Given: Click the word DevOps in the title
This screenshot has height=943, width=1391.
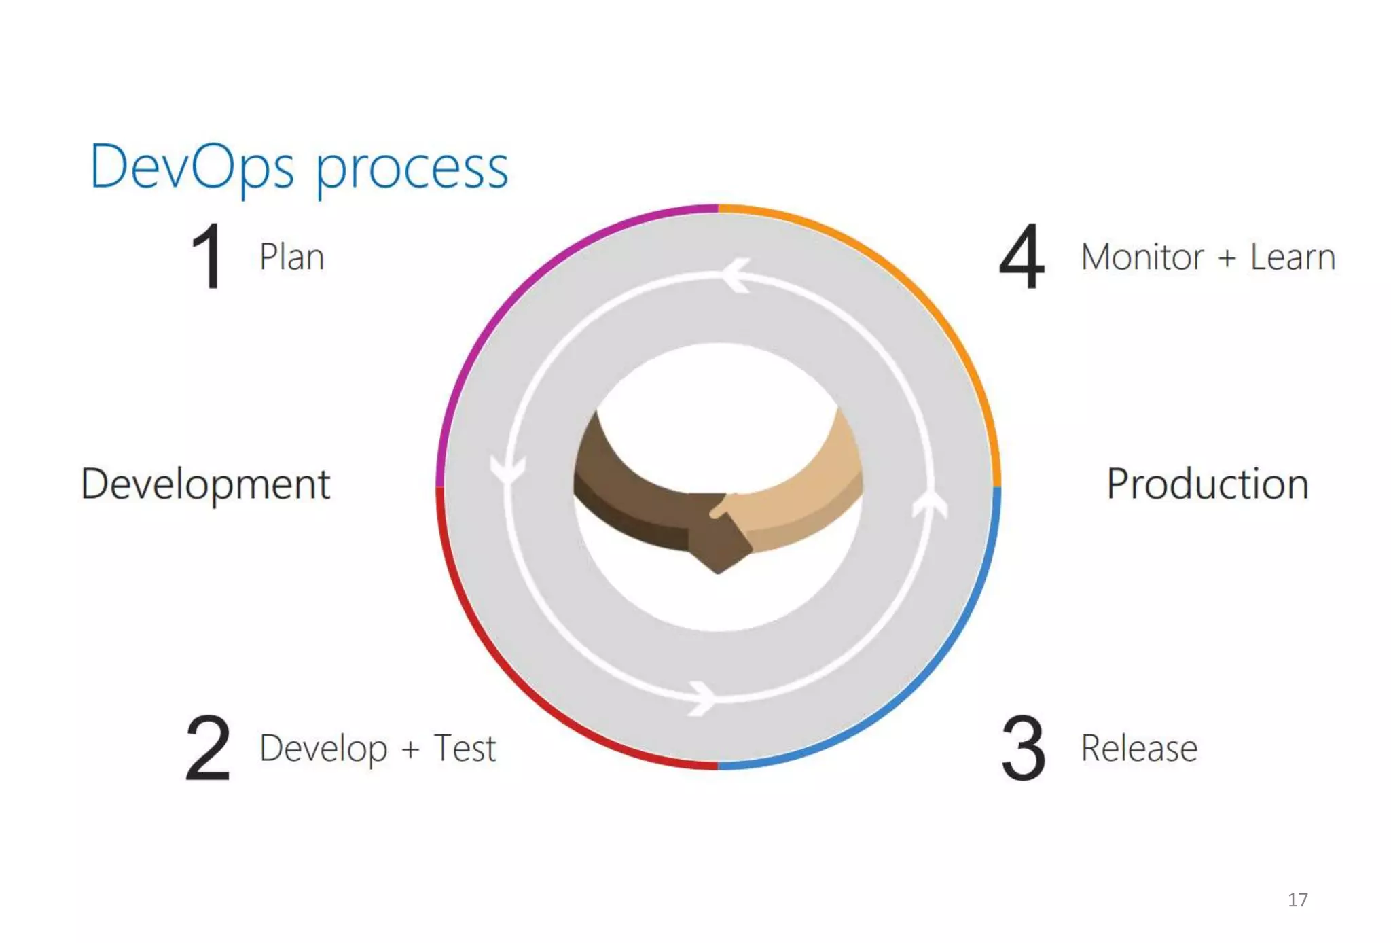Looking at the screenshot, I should coord(192,167).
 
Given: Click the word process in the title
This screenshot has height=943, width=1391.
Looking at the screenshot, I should coord(412,170).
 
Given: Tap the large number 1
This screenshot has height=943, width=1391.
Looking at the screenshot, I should coord(207,257).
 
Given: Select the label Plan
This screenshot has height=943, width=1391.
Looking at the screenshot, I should coord(292,257).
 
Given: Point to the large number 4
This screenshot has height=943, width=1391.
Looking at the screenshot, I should coord(1022,257).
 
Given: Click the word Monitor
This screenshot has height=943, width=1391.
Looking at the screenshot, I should coord(1142,257).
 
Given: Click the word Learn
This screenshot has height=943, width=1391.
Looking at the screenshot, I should coord(1293,257).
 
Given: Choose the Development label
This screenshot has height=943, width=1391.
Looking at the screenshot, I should coord(205,484).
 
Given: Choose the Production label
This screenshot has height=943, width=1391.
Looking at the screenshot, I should coord(1207,484).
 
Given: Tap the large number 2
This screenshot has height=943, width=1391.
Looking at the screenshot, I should coord(208,748).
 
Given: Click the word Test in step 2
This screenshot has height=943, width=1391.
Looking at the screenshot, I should coord(465,749).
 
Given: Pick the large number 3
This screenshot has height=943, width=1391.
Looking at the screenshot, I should coord(1023,748).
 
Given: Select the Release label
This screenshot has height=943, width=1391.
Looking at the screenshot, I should coord(1139,749).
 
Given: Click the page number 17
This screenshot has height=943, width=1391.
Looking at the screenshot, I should coord(1297,900).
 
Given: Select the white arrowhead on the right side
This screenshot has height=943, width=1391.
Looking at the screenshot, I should coord(930,504).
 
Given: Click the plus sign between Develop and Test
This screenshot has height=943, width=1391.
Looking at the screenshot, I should coord(410,749).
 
